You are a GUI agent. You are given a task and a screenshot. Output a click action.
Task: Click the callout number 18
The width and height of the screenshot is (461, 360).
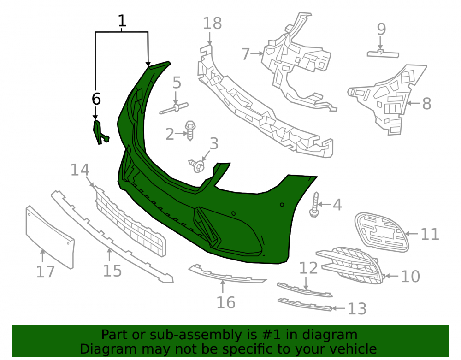point(212,24)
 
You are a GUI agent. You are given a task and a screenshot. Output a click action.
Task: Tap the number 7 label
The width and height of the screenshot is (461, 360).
point(246,54)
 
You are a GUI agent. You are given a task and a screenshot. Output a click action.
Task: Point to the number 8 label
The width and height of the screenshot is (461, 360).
point(426,103)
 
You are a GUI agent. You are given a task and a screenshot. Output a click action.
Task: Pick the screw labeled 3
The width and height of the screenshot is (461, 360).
point(197,165)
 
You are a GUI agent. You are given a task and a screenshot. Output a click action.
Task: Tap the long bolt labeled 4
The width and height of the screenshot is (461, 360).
point(315,205)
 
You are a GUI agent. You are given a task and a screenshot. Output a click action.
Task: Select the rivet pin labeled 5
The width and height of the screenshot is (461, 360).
point(174,108)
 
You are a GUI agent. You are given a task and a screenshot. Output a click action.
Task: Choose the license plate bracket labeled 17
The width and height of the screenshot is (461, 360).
point(50,237)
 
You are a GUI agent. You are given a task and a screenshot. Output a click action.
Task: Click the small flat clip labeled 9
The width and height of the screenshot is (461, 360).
point(383,54)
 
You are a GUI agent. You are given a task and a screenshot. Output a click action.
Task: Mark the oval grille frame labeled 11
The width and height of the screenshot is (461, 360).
point(382,232)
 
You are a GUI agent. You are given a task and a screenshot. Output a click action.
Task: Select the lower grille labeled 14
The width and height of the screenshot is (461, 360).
point(130,222)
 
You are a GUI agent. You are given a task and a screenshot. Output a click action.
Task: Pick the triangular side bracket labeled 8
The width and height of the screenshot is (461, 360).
point(388,99)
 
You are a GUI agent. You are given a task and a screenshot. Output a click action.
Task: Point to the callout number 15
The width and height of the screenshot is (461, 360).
point(112,271)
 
